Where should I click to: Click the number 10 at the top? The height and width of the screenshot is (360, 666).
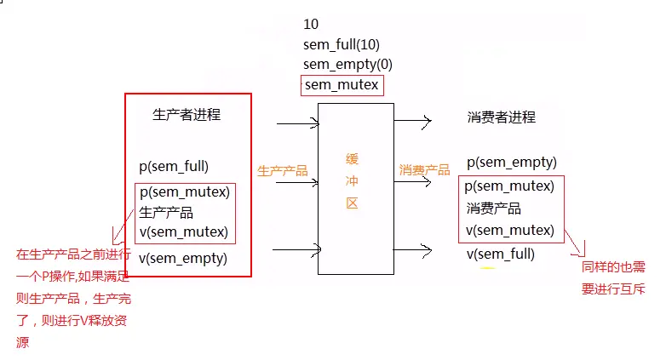pyautogui.click(x=311, y=24)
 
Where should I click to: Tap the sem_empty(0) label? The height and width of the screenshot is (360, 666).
pyautogui.click(x=347, y=65)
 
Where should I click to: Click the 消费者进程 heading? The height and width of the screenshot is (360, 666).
pyautogui.click(x=502, y=117)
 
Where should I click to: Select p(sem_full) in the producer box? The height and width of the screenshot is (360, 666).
pyautogui.click(x=174, y=167)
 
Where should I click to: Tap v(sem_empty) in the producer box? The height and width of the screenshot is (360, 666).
pyautogui.click(x=183, y=259)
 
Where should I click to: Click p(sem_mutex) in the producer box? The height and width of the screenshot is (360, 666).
pyautogui.click(x=184, y=192)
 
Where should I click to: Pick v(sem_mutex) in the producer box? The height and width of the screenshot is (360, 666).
pyautogui.click(x=184, y=231)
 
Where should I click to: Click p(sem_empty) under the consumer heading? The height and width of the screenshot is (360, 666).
pyautogui.click(x=511, y=163)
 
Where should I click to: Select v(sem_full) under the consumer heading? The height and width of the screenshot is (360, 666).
pyautogui.click(x=501, y=254)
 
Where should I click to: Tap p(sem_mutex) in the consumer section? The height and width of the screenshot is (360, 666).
pyautogui.click(x=510, y=186)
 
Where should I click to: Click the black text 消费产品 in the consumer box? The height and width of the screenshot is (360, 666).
pyautogui.click(x=493, y=209)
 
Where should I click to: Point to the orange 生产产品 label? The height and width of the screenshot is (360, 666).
pyautogui.click(x=283, y=171)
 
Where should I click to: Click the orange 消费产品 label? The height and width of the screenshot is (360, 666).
pyautogui.click(x=424, y=170)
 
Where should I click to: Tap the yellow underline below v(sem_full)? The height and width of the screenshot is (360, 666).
pyautogui.click(x=487, y=268)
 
